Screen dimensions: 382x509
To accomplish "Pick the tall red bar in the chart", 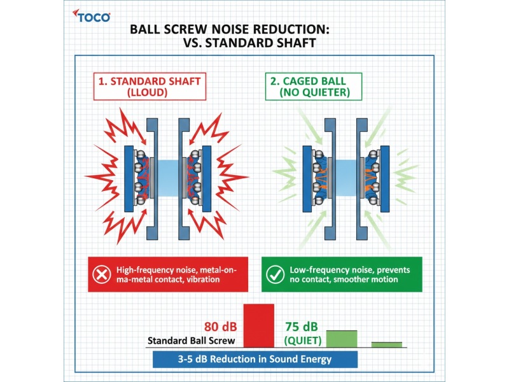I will click(258, 325).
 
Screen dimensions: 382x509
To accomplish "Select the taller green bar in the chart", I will click(342, 338).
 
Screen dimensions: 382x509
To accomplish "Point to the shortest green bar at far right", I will click(387, 344).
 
